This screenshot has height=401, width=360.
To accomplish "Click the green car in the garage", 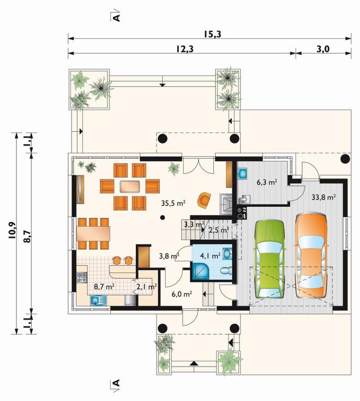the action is pos(269,259).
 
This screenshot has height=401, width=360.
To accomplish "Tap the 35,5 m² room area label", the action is pos(173,204).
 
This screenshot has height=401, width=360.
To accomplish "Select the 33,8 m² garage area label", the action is pos(323,197).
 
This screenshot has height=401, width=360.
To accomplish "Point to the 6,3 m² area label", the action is pos(267,182).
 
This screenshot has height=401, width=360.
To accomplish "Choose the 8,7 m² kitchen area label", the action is pos(104,286).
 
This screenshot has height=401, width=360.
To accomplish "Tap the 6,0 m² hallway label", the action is pos(182,295).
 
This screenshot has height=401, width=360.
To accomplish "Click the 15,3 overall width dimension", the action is pos(213,34).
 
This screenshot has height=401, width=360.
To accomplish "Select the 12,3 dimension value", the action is pos(184,49).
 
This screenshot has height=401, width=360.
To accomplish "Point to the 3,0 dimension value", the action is pos(323,49).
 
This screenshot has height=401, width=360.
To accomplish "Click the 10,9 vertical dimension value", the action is pos(13,230).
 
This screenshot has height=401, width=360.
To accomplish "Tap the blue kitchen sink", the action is pos(98,300).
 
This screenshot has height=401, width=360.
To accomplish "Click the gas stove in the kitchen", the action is pos(82,278).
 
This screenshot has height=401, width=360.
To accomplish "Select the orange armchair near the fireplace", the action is pos(204,200).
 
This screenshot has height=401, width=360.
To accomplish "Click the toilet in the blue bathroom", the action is pos(226,271).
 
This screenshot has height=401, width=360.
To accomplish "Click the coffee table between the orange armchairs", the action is pos(130,187).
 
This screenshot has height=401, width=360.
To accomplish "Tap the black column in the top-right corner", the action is pos(345,159).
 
